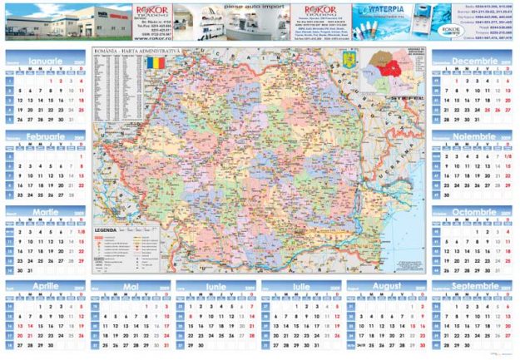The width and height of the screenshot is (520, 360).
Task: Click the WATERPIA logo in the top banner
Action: [384, 12]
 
